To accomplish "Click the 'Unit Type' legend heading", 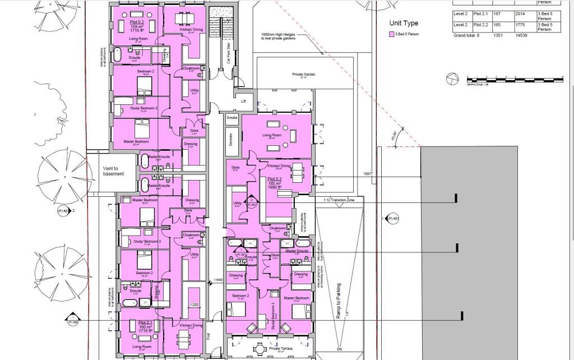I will click(x=404, y=24).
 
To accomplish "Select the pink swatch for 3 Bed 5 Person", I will click(x=392, y=34).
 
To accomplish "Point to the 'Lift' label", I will click(x=243, y=101).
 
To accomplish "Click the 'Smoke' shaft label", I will click(x=232, y=118).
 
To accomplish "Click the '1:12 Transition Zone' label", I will click(x=340, y=200).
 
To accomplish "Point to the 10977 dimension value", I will click(x=368, y=174).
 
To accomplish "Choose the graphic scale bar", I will click(x=515, y=79).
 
